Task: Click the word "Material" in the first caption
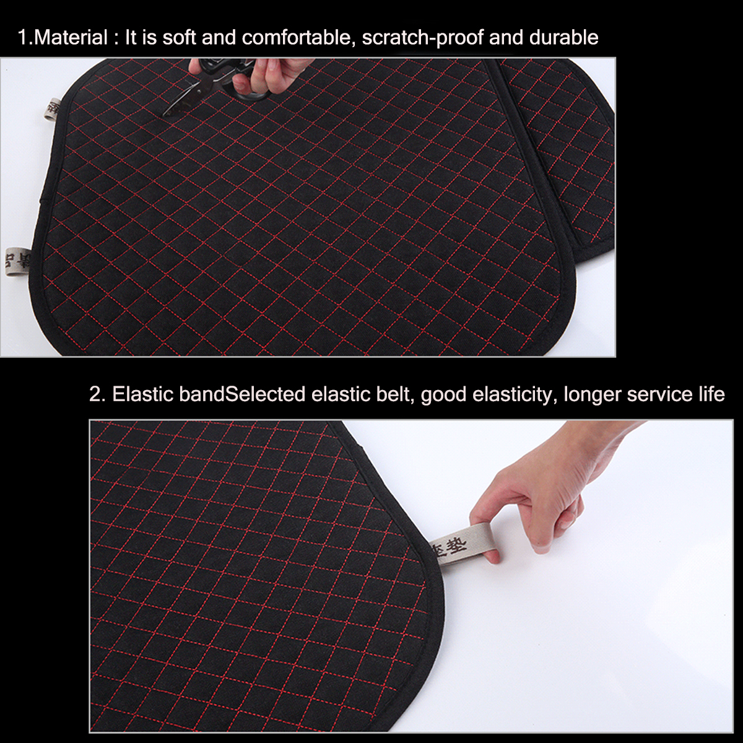coord(71,38)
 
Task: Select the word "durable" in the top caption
coord(564,38)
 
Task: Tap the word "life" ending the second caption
coord(711,394)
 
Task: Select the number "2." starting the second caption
coord(97,394)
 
